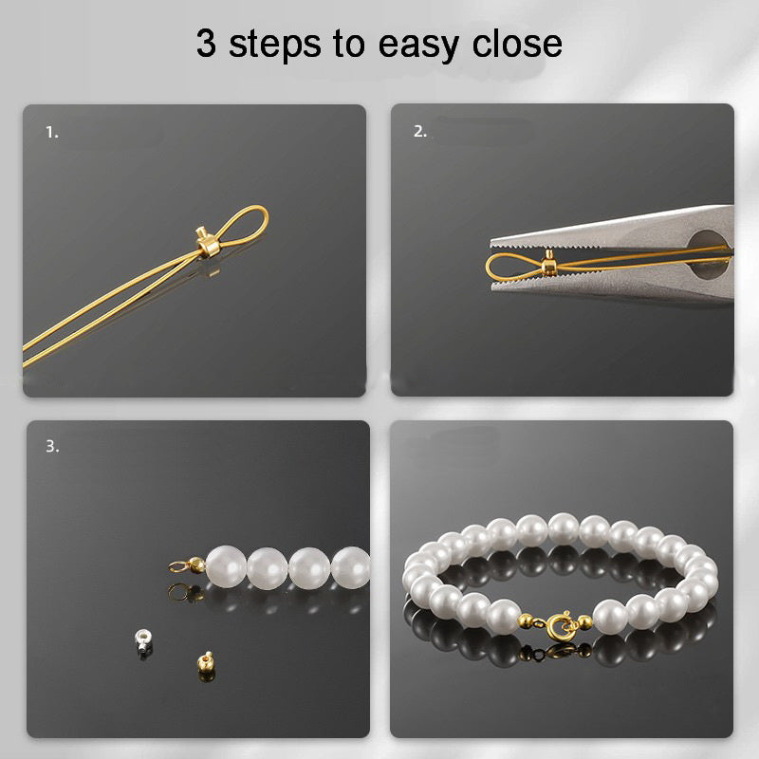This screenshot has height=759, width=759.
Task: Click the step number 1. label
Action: pyautogui.click(x=52, y=133)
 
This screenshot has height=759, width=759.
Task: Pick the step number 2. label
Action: pyautogui.click(x=420, y=132)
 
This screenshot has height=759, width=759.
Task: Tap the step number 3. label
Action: pyautogui.click(x=52, y=447)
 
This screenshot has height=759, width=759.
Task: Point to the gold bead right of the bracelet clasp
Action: pyautogui.click(x=585, y=622)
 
